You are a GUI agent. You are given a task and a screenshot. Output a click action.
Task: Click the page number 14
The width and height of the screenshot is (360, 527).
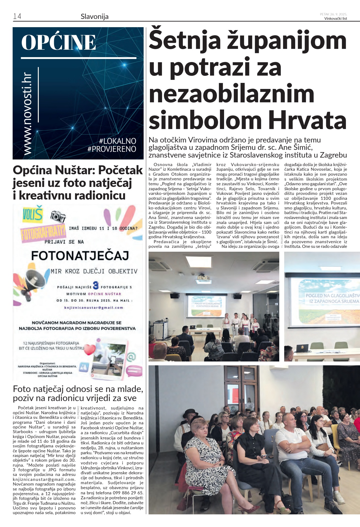pyautogui.click(x=17, y=16)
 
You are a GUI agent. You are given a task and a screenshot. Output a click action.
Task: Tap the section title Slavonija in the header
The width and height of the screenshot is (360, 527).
pyautogui.click(x=94, y=16)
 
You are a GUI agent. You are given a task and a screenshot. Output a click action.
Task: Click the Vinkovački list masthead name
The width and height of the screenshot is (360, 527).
pyautogui.click(x=335, y=19)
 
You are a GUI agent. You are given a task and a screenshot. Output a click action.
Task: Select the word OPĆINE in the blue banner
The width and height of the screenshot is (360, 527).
pyautogui.click(x=58, y=43)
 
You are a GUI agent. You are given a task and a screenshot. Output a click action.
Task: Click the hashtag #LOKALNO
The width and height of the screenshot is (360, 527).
pyautogui.click(x=118, y=141)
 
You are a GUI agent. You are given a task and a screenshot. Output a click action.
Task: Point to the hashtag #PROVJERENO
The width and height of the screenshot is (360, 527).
pyautogui.click(x=112, y=149)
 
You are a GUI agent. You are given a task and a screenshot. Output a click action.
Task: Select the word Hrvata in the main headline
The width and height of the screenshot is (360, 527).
pyautogui.click(x=307, y=120)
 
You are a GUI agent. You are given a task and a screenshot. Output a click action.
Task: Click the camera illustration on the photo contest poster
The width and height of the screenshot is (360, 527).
pyautogui.click(x=58, y=216)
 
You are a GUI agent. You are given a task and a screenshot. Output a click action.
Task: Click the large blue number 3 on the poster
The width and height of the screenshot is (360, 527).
pyautogui.click(x=96, y=286)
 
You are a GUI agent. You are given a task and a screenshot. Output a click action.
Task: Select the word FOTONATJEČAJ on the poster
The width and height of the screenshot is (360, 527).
pyautogui.click(x=80, y=256)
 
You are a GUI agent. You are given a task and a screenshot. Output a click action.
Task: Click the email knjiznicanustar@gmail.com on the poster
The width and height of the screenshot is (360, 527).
pyautogui.click(x=94, y=308)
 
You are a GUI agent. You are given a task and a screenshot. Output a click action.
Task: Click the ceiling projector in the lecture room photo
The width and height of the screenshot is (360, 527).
pyautogui.click(x=203, y=278)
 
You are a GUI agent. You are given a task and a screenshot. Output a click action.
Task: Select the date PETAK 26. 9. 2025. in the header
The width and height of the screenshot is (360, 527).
pyautogui.click(x=333, y=14)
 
